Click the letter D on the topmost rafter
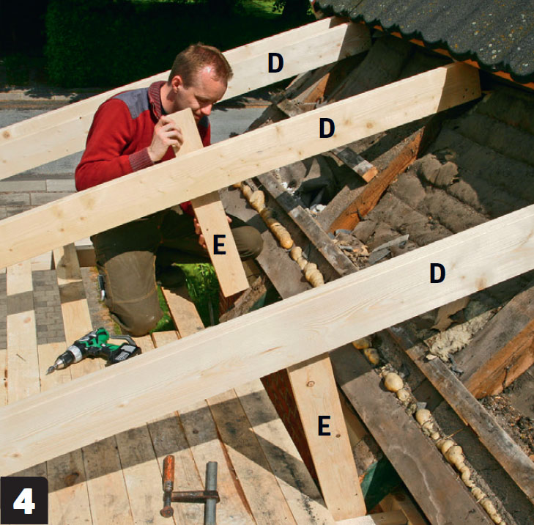pyautogui.click(x=275, y=63)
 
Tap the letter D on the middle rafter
pyautogui.click(x=327, y=128)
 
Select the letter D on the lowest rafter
pyautogui.click(x=437, y=273)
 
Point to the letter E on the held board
pyautogui.click(x=219, y=245)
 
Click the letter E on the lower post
pyautogui.click(x=325, y=425)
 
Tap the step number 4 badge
pyautogui.click(x=24, y=501)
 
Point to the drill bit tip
pyautogui.click(x=48, y=372)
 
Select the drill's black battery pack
pyautogui.click(x=125, y=353)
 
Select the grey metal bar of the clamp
pyautogui.click(x=211, y=493)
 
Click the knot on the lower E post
pyautogui.click(x=311, y=384)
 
